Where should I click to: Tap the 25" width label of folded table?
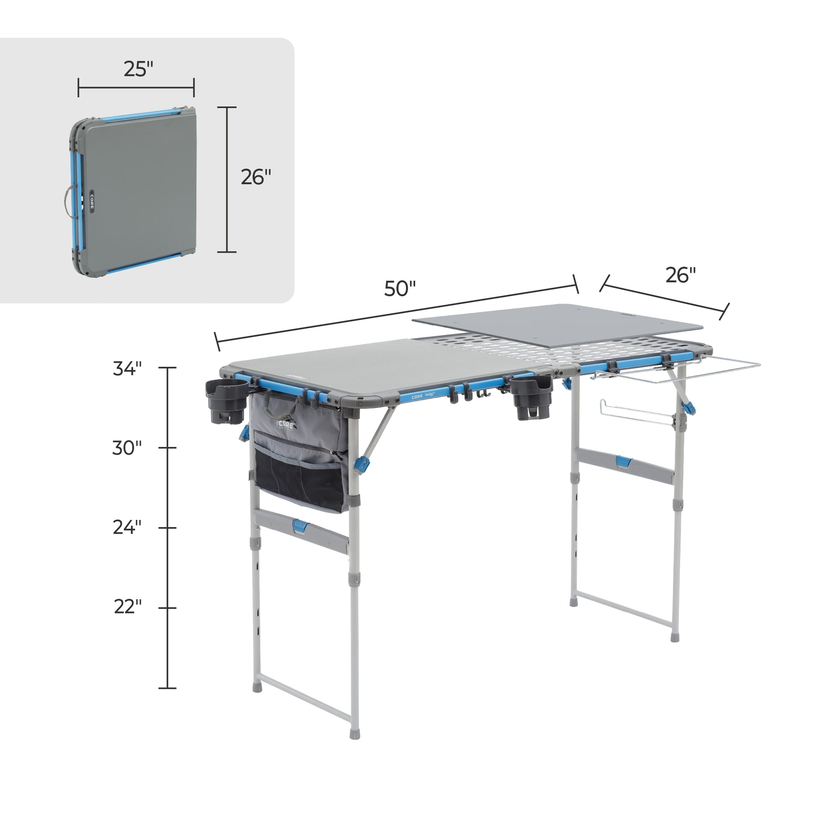pos(138,69)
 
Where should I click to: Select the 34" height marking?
pos(127,368)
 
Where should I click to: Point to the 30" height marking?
pos(127,448)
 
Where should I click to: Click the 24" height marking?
pos(127,527)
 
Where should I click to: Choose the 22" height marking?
pos(127,607)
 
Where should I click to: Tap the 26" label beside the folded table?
pos(256,177)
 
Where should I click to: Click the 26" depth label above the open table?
pos(681,275)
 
